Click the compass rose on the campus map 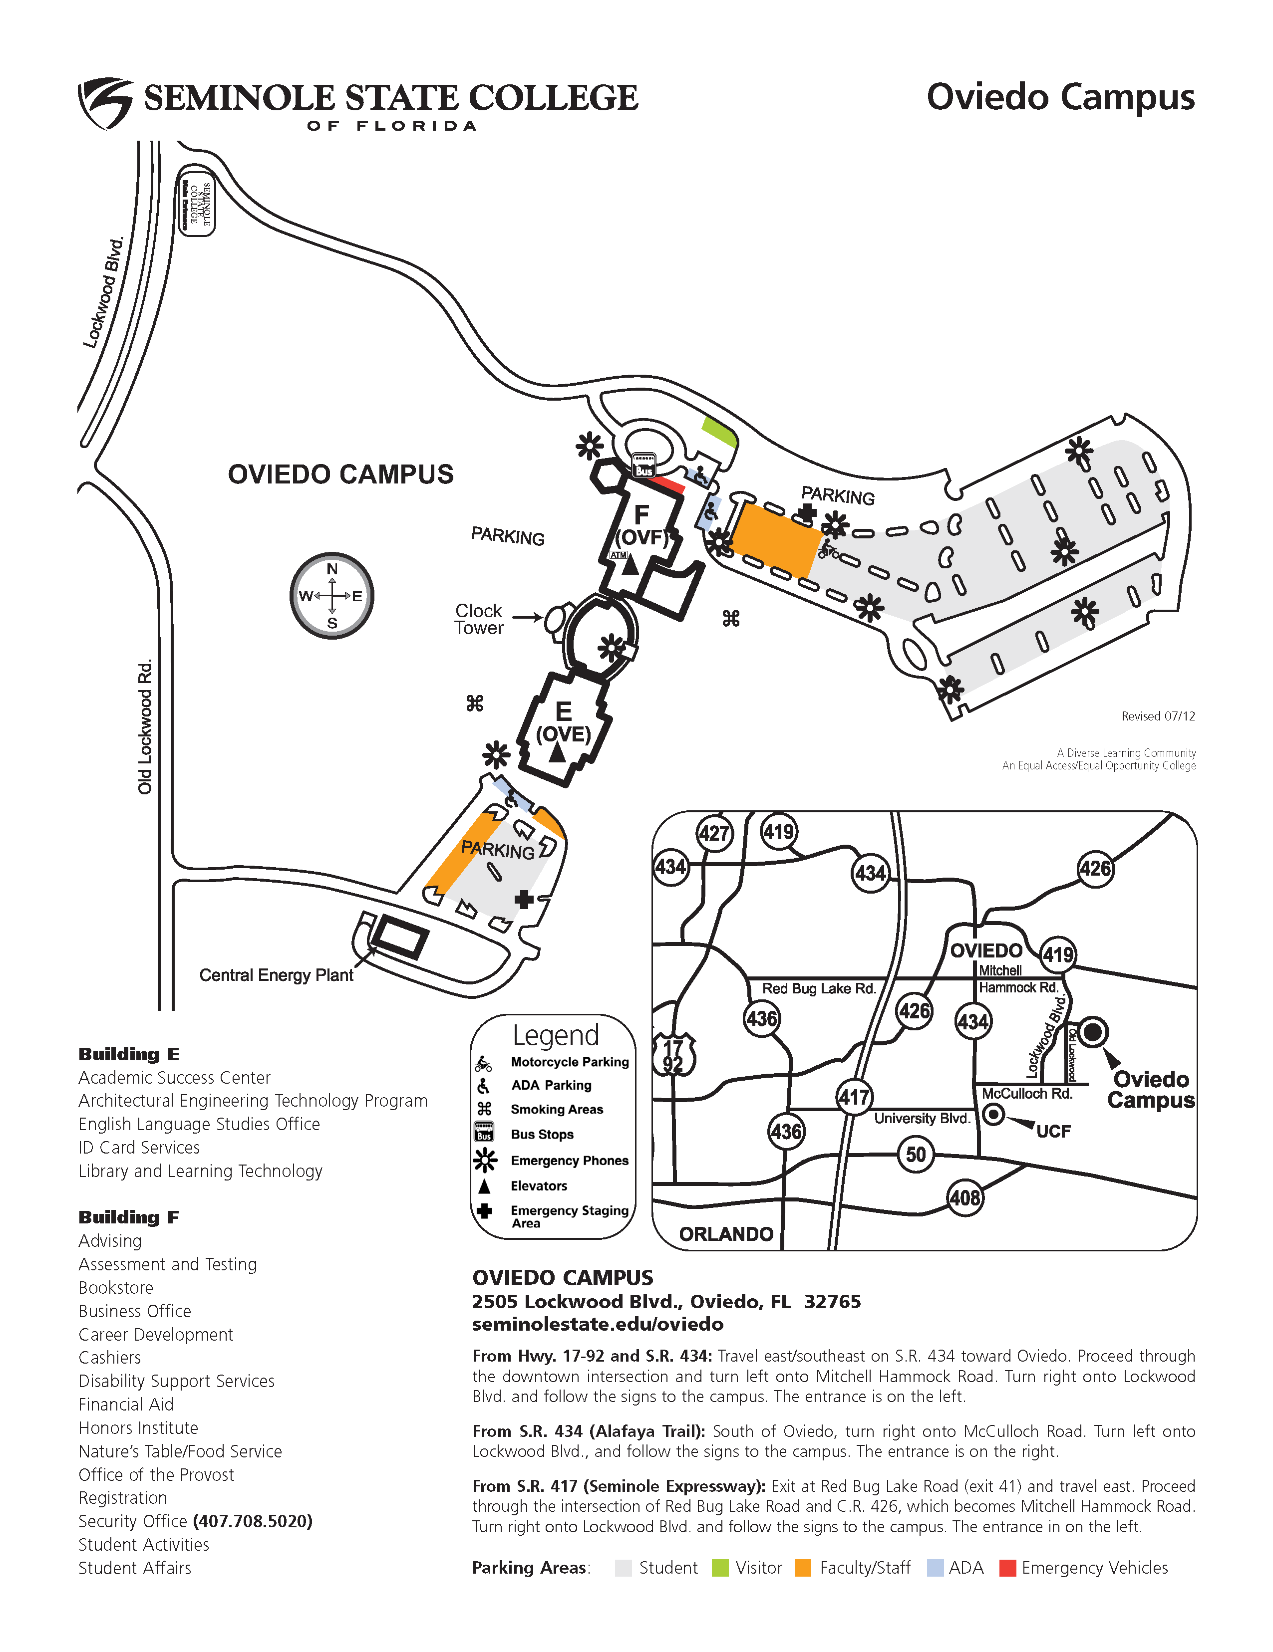point(331,595)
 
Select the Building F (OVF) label point(642,526)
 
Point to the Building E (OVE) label point(563,722)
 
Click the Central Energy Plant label point(276,975)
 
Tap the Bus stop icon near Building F point(643,465)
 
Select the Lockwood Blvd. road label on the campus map point(104,293)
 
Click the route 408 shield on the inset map point(965,1197)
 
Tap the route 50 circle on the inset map point(916,1154)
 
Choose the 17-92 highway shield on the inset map point(673,1056)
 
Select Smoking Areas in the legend point(556,1109)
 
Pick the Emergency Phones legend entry point(569,1161)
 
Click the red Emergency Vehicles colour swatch point(1007,1568)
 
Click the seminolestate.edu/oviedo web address point(598,1324)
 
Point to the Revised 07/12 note point(1158,715)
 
